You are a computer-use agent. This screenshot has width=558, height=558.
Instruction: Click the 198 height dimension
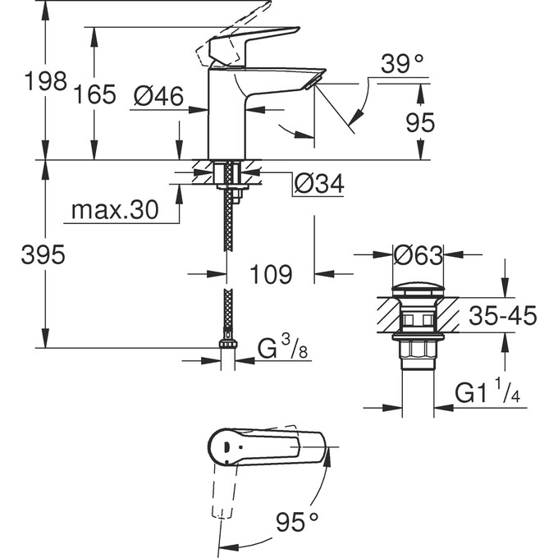click(45, 82)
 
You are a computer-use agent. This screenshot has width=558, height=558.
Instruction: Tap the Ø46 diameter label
click(158, 97)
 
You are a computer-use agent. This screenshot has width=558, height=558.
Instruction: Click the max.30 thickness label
click(114, 211)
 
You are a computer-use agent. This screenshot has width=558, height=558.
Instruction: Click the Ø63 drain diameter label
click(418, 256)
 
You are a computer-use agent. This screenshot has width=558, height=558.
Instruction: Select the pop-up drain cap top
click(418, 290)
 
